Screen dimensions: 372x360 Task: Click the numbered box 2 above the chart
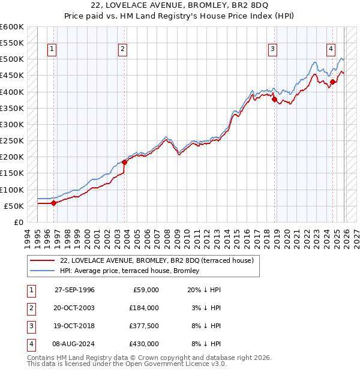pyautogui.click(x=122, y=50)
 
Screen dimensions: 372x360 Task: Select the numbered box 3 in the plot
pyautogui.click(x=272, y=50)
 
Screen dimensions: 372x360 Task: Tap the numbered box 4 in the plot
pyautogui.click(x=331, y=50)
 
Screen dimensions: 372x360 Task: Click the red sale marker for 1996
pyautogui.click(x=53, y=203)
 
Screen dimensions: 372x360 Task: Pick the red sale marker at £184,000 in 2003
pyautogui.click(x=124, y=162)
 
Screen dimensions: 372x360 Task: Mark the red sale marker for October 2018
pyautogui.click(x=274, y=100)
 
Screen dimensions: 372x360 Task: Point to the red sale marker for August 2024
pyautogui.click(x=332, y=82)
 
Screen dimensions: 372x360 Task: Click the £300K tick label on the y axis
pyautogui.click(x=12, y=125)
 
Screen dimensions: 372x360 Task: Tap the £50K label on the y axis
pyautogui.click(x=14, y=206)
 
